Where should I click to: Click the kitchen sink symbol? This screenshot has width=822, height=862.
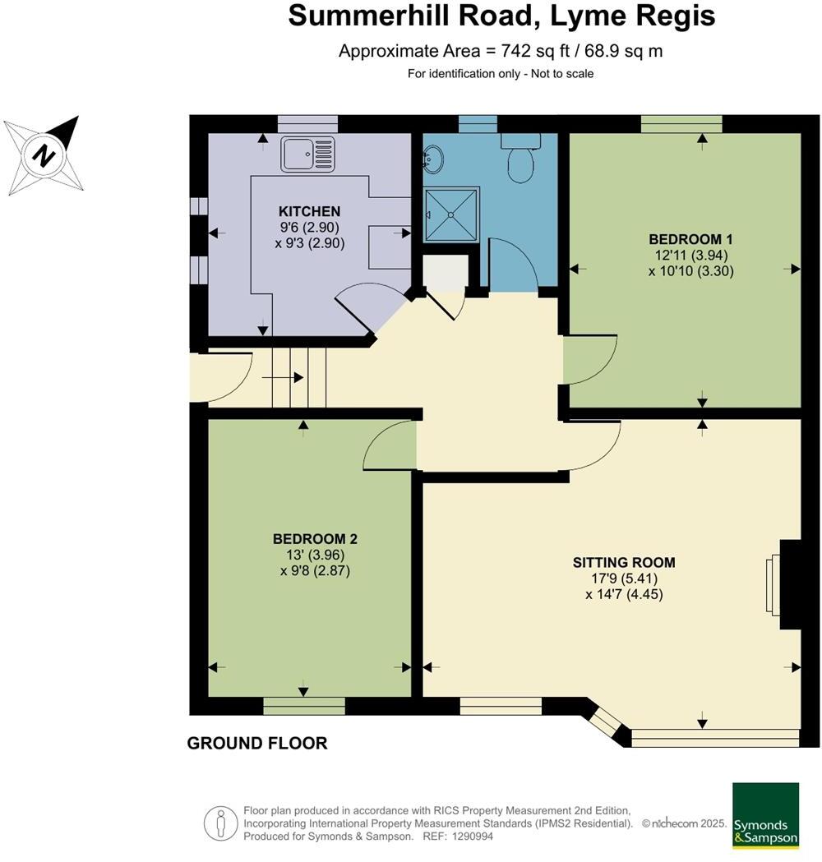[308, 154]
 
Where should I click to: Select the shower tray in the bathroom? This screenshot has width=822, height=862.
[451, 214]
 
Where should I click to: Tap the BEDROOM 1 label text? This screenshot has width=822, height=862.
[690, 239]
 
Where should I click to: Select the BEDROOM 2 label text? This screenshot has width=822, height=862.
[315, 539]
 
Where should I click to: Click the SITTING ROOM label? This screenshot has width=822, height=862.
[624, 563]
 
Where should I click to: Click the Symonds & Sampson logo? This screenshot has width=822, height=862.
[765, 814]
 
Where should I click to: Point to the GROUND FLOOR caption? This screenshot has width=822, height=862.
[257, 743]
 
